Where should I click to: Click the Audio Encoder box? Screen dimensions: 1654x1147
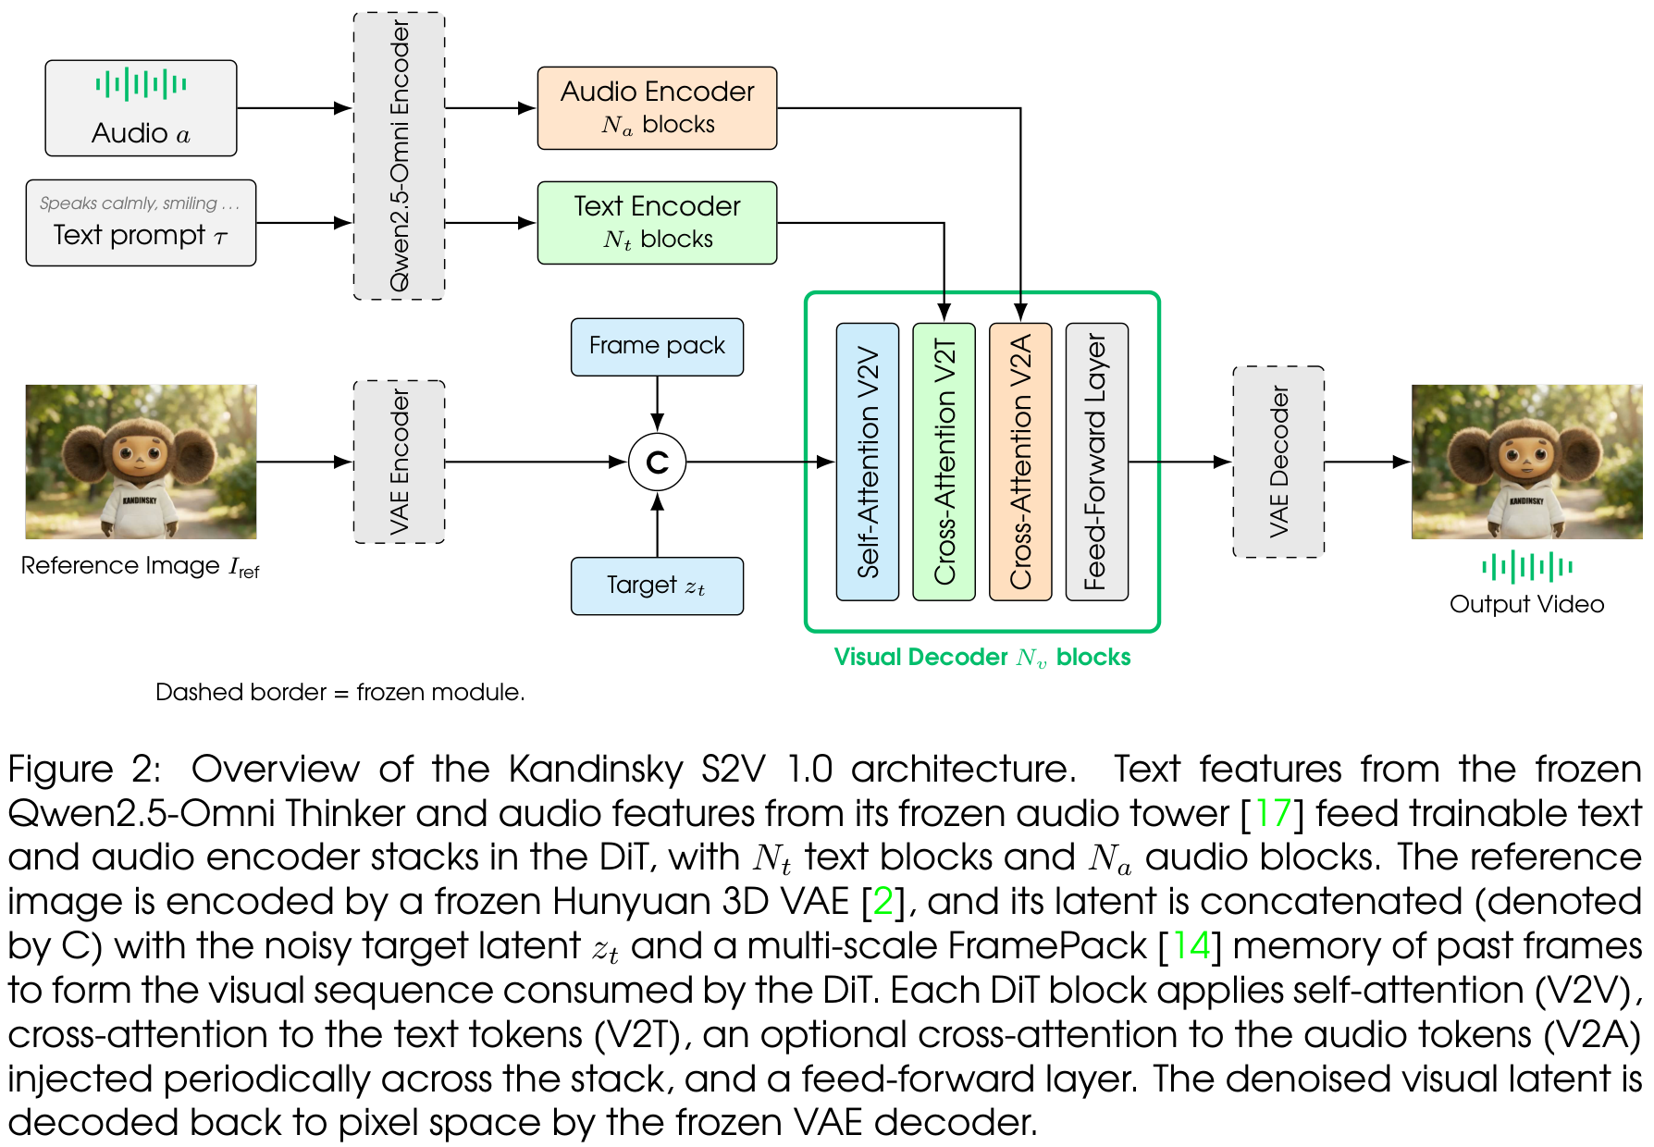tap(657, 108)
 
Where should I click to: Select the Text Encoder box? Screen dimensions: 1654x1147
tap(657, 223)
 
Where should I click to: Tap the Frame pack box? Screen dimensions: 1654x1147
tap(657, 347)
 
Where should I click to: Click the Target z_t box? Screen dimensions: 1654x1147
tap(657, 586)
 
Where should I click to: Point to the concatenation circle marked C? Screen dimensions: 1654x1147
tap(657, 462)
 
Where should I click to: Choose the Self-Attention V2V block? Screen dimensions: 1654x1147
tap(868, 462)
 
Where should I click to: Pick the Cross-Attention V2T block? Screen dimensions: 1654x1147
tap(944, 462)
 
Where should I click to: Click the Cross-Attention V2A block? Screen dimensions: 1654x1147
tap(1020, 462)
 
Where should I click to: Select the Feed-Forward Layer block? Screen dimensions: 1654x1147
tap(1097, 462)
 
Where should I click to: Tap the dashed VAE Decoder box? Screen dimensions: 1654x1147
tap(1278, 462)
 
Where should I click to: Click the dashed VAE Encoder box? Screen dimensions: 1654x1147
tap(399, 462)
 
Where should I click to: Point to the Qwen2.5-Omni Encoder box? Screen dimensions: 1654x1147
tap(399, 155)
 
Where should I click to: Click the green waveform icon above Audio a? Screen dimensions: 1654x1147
tap(141, 84)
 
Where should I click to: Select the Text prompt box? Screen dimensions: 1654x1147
tap(141, 223)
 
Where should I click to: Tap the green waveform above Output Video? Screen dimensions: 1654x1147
tap(1527, 566)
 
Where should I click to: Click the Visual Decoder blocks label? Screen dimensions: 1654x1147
tap(982, 657)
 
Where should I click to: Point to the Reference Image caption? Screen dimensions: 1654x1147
tap(141, 566)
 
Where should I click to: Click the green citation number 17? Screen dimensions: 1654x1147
tap(1273, 813)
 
